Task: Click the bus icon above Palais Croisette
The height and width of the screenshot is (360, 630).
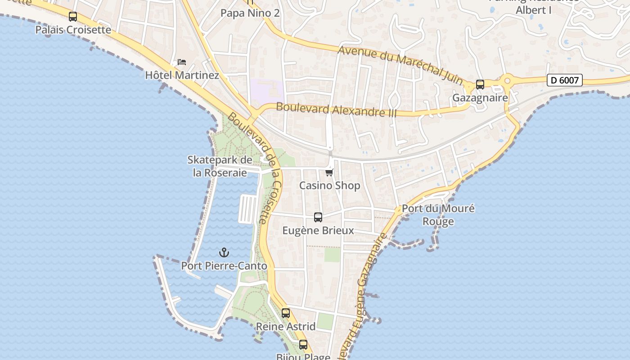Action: (x=73, y=17)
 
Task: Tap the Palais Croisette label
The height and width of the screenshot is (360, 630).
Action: (x=73, y=30)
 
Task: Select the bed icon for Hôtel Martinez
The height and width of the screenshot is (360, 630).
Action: (x=182, y=62)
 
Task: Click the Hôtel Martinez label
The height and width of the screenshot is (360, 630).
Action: (x=182, y=75)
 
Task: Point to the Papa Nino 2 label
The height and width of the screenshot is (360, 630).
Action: (x=250, y=13)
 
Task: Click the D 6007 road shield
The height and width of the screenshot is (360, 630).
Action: (x=565, y=80)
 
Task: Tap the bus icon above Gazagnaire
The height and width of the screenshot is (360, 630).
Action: (x=480, y=85)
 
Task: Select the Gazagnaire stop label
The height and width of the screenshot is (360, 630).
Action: (x=480, y=98)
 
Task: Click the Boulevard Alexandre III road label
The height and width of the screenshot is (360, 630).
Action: (x=337, y=110)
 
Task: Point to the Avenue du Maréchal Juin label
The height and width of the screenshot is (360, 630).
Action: (x=400, y=65)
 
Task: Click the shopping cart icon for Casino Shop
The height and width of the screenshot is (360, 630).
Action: (x=329, y=172)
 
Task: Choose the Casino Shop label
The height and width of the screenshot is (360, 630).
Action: (x=329, y=185)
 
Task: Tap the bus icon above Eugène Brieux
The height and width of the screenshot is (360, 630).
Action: (x=318, y=217)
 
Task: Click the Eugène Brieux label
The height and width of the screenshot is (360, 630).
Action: (x=318, y=230)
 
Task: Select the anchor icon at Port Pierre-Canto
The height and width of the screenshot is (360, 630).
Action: (x=224, y=252)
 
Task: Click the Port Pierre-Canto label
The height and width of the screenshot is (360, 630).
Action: (x=224, y=266)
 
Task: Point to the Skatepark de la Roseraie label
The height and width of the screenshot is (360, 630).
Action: (x=220, y=166)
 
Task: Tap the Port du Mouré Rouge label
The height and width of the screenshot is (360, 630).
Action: (x=438, y=215)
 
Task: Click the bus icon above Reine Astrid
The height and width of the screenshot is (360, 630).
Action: (x=286, y=313)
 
